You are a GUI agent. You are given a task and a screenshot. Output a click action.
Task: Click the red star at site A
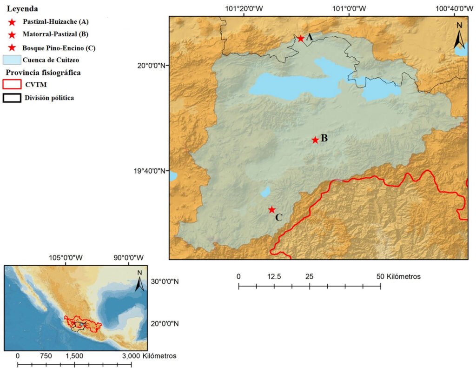click(x=300, y=39)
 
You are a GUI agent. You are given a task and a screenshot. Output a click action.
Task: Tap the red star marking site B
click(x=315, y=140)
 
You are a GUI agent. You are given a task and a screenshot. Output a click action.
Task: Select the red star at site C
click(x=272, y=210)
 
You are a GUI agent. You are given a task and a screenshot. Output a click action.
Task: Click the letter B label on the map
click(x=324, y=138)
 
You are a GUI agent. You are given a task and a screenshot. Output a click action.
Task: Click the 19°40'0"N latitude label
click(x=150, y=171)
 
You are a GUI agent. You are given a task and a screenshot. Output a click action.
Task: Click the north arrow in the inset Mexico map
click(x=139, y=281)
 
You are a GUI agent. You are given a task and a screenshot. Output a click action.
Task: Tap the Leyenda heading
click(x=22, y=9)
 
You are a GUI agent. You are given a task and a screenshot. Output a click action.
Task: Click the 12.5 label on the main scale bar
click(x=274, y=276)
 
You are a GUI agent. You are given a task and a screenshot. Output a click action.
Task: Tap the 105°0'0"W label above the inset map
click(x=65, y=257)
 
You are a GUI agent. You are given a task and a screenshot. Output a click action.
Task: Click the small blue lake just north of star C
click(x=265, y=192)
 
